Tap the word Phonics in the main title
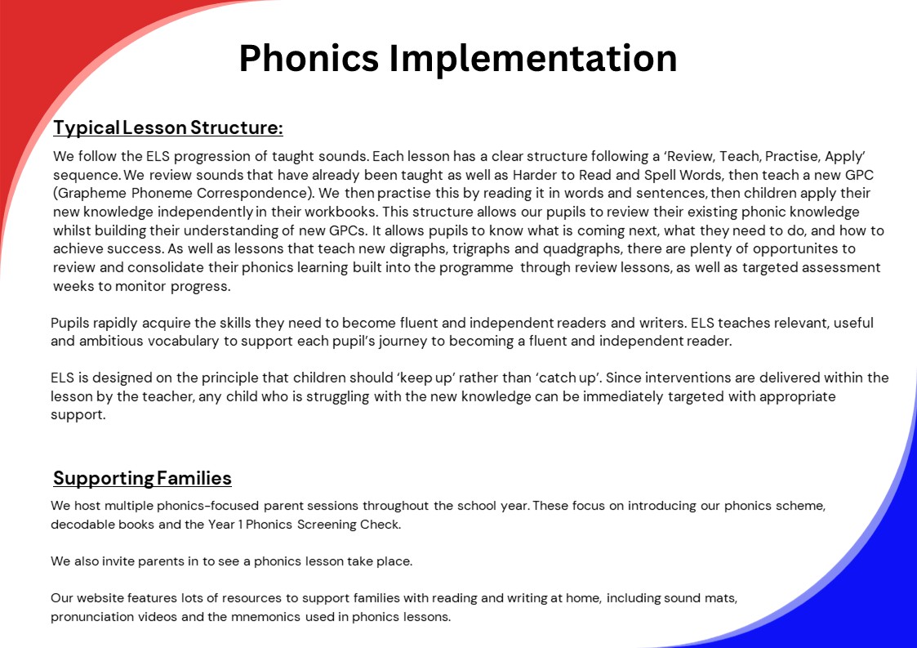(309, 58)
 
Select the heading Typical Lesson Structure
(168, 128)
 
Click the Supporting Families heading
(142, 478)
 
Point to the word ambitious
(110, 341)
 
